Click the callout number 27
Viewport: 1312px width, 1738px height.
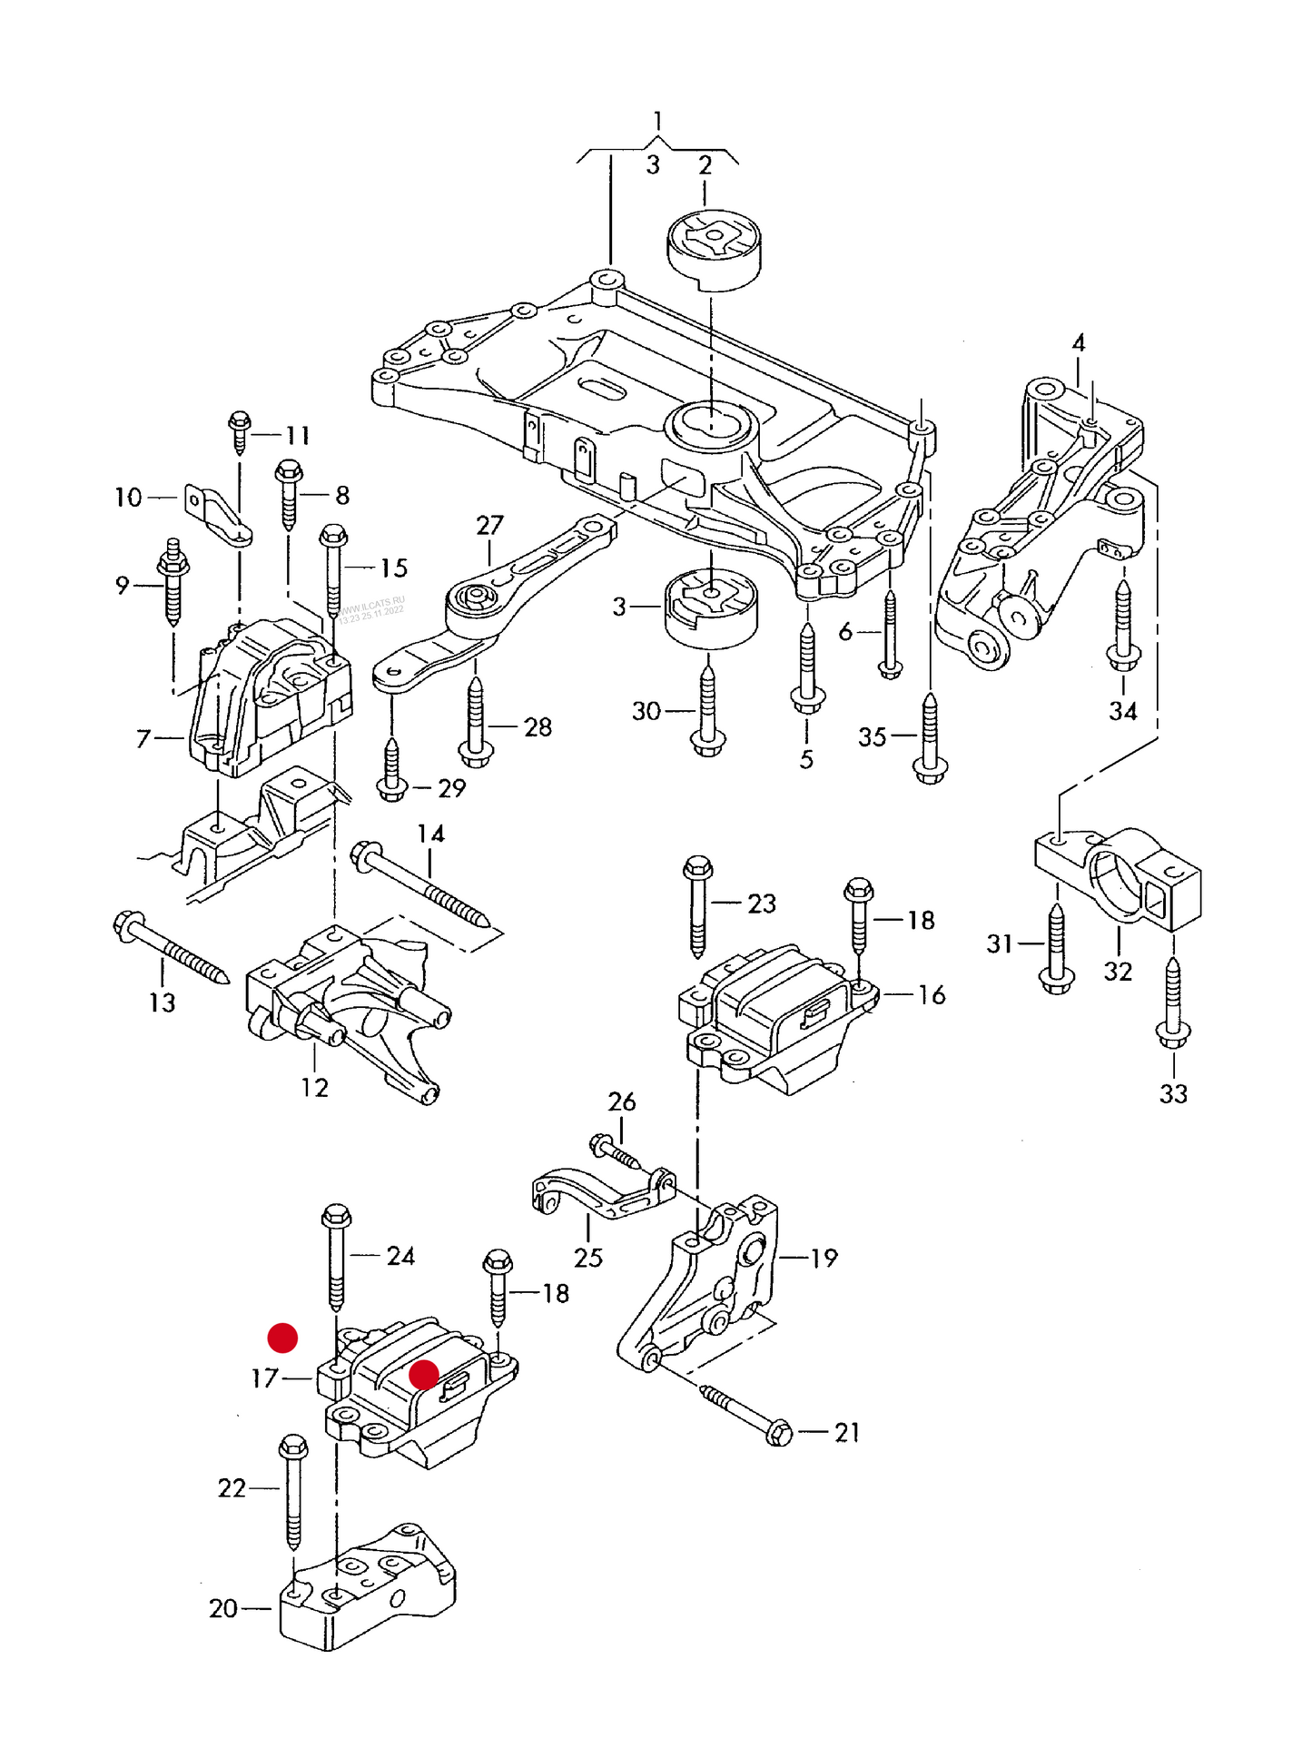(489, 525)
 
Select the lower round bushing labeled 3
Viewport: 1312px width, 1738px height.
(712, 607)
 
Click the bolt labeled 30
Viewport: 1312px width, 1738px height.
(708, 708)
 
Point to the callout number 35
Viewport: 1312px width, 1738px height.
(872, 736)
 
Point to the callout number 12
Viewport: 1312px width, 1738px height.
(314, 1087)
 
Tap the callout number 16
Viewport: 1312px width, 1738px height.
(932, 995)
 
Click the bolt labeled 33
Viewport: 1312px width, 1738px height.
(1172, 1003)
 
